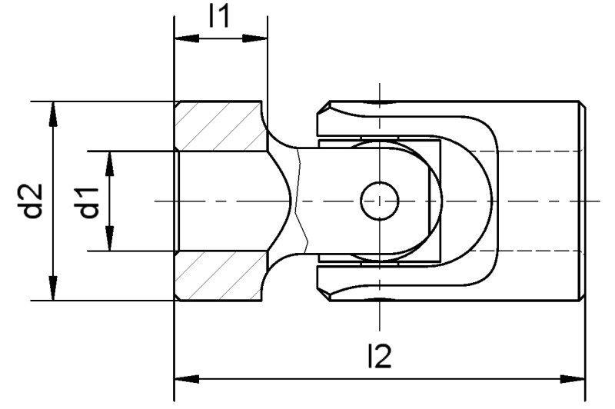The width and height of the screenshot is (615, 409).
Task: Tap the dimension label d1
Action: coord(90,201)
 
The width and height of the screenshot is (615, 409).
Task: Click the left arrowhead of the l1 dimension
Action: coord(182,39)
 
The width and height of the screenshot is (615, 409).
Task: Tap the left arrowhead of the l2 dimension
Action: coord(183,378)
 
